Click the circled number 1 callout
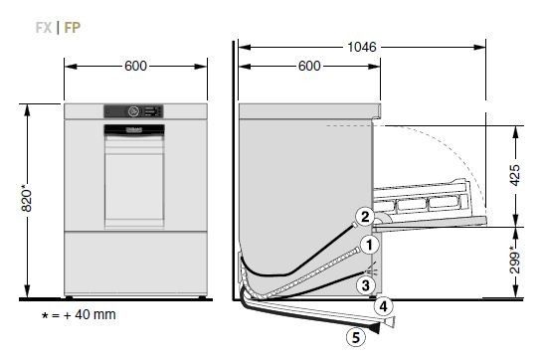(x=369, y=245)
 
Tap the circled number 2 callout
(x=365, y=217)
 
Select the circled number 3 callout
(x=366, y=285)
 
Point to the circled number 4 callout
(x=383, y=306)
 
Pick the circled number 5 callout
(x=356, y=337)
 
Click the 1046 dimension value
(x=362, y=47)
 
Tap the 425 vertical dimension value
(x=515, y=175)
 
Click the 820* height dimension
(x=27, y=200)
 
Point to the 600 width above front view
(x=135, y=66)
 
